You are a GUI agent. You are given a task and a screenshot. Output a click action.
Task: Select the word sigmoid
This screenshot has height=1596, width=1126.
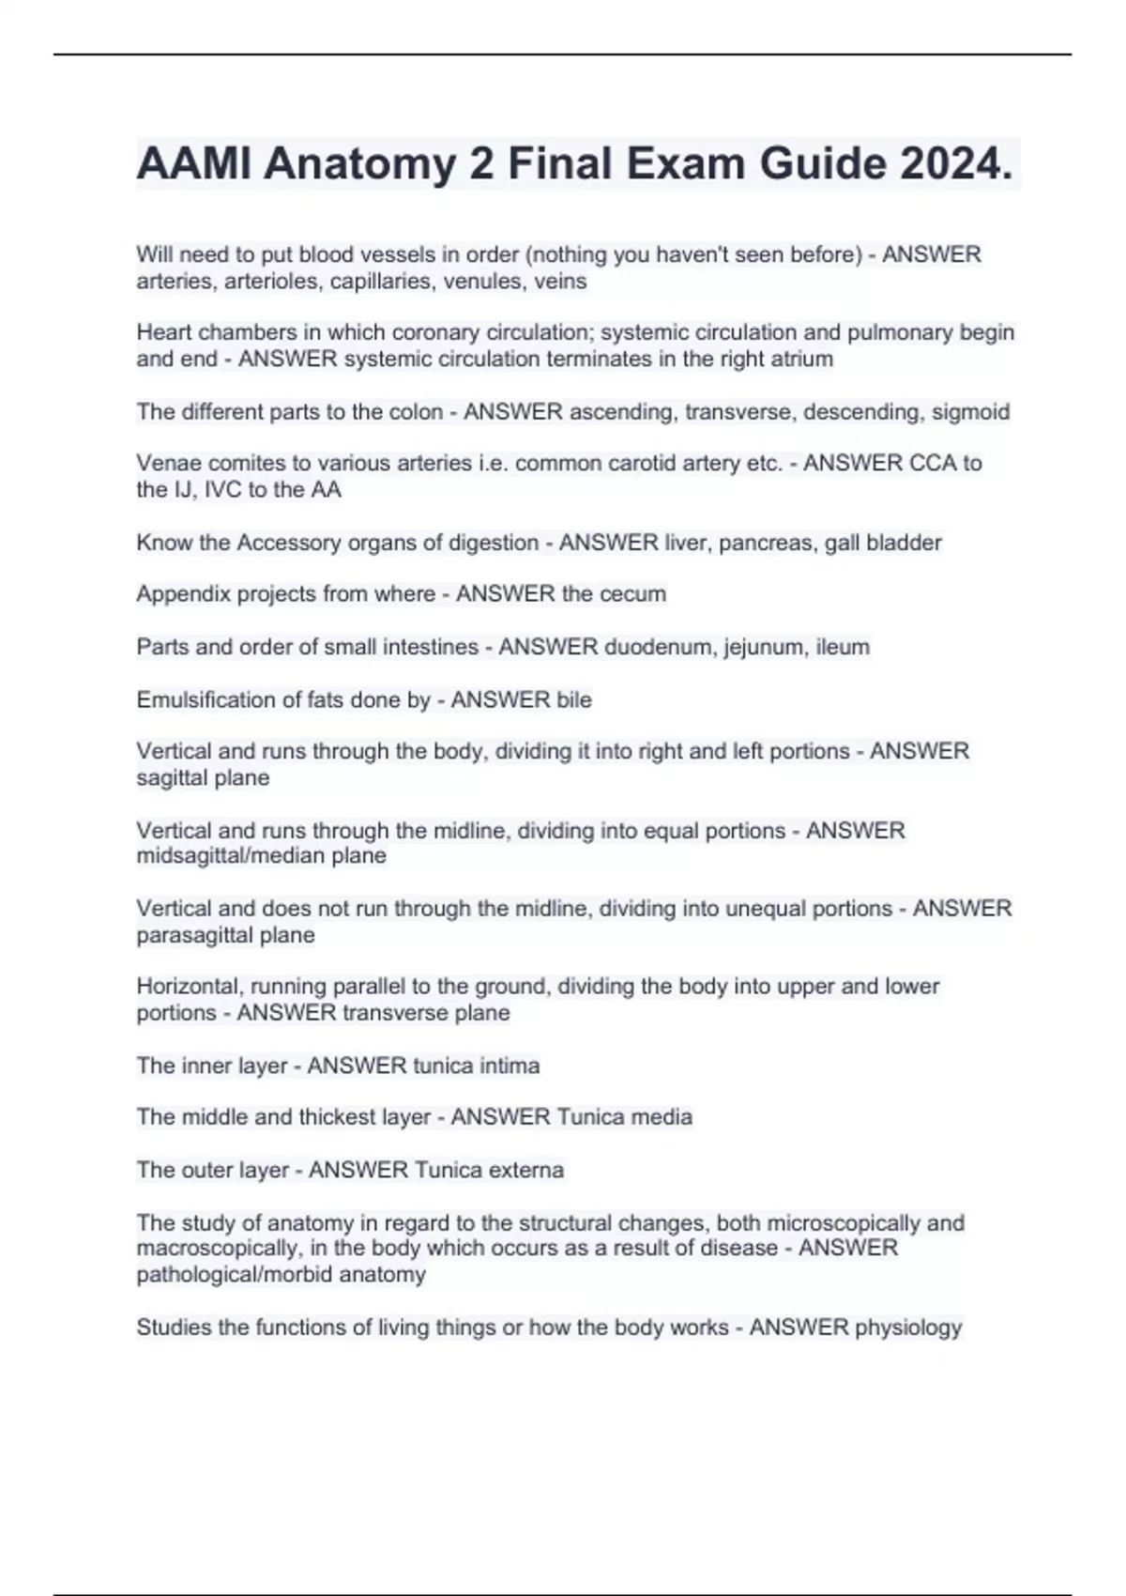click(x=970, y=412)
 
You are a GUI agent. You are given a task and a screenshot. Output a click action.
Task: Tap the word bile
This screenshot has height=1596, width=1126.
click(x=573, y=700)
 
